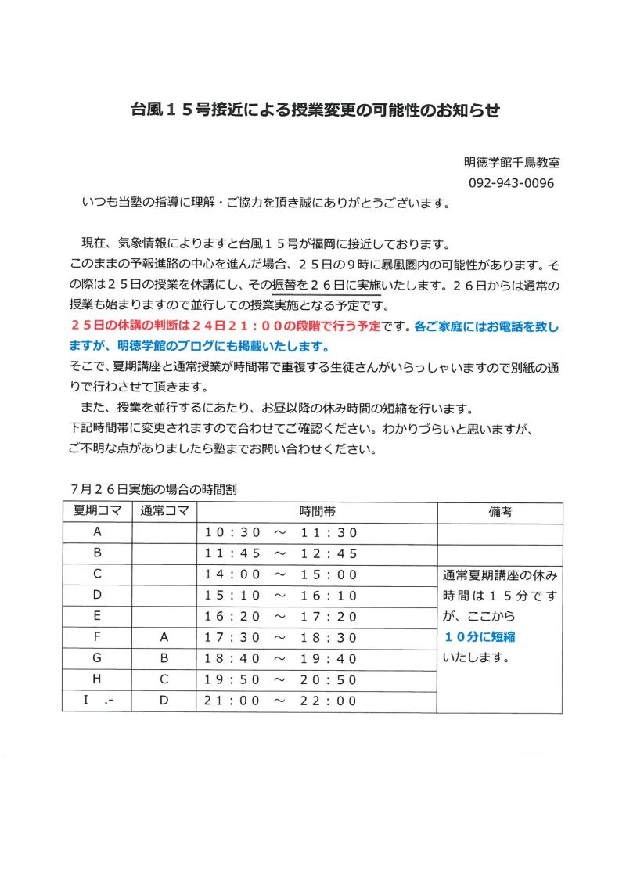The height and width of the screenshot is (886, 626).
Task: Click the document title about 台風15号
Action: click(x=315, y=110)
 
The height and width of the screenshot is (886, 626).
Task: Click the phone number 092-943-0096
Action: click(x=511, y=183)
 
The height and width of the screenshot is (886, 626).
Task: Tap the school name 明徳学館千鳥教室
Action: click(x=511, y=163)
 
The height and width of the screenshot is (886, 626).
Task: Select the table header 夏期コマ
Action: click(x=98, y=513)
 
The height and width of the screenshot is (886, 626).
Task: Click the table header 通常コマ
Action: click(x=164, y=513)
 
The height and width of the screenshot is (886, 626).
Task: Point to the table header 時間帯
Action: click(x=317, y=513)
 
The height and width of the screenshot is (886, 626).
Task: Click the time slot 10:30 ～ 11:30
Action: click(x=280, y=533)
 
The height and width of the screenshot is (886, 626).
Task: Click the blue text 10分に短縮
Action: click(x=479, y=637)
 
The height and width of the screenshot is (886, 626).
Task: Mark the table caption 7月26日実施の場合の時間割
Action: click(x=153, y=490)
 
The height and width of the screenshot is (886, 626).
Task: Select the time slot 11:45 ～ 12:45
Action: click(x=280, y=554)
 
